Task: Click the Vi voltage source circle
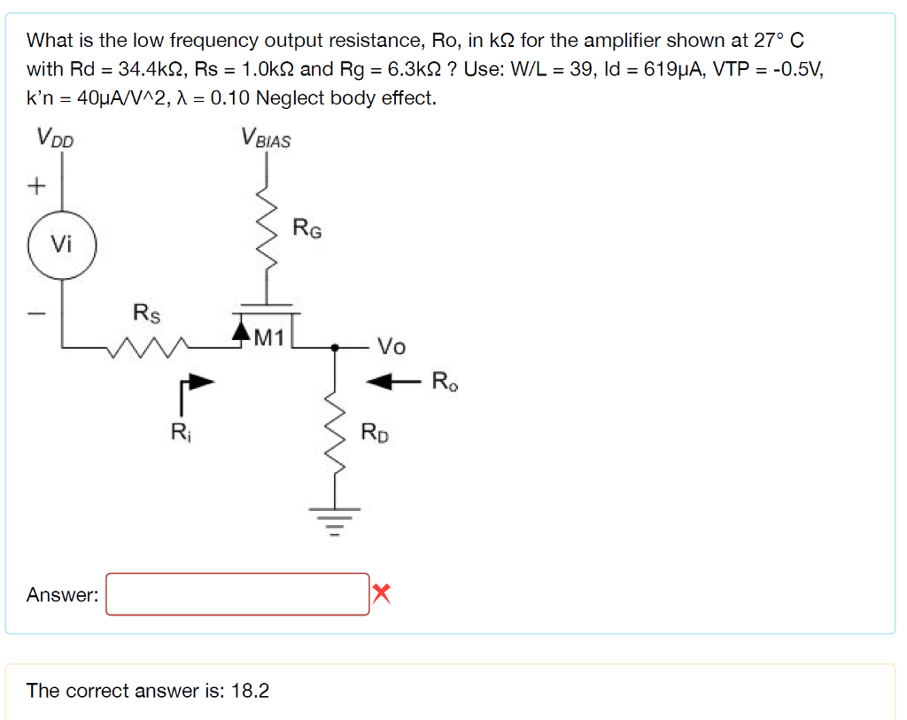pyautogui.click(x=60, y=244)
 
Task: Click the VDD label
pyautogui.click(x=55, y=137)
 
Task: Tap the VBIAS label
pyautogui.click(x=265, y=138)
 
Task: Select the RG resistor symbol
pyautogui.click(x=263, y=230)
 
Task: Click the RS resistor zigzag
pyautogui.click(x=146, y=348)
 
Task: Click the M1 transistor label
pyautogui.click(x=268, y=337)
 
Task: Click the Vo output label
pyautogui.click(x=391, y=346)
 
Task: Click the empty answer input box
pyautogui.click(x=237, y=594)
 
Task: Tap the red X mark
pyautogui.click(x=381, y=593)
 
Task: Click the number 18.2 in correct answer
pyautogui.click(x=250, y=691)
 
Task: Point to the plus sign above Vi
pyautogui.click(x=36, y=186)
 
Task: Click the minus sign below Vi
pyautogui.click(x=36, y=313)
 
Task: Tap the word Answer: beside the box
pyautogui.click(x=62, y=595)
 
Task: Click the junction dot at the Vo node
pyautogui.click(x=335, y=348)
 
